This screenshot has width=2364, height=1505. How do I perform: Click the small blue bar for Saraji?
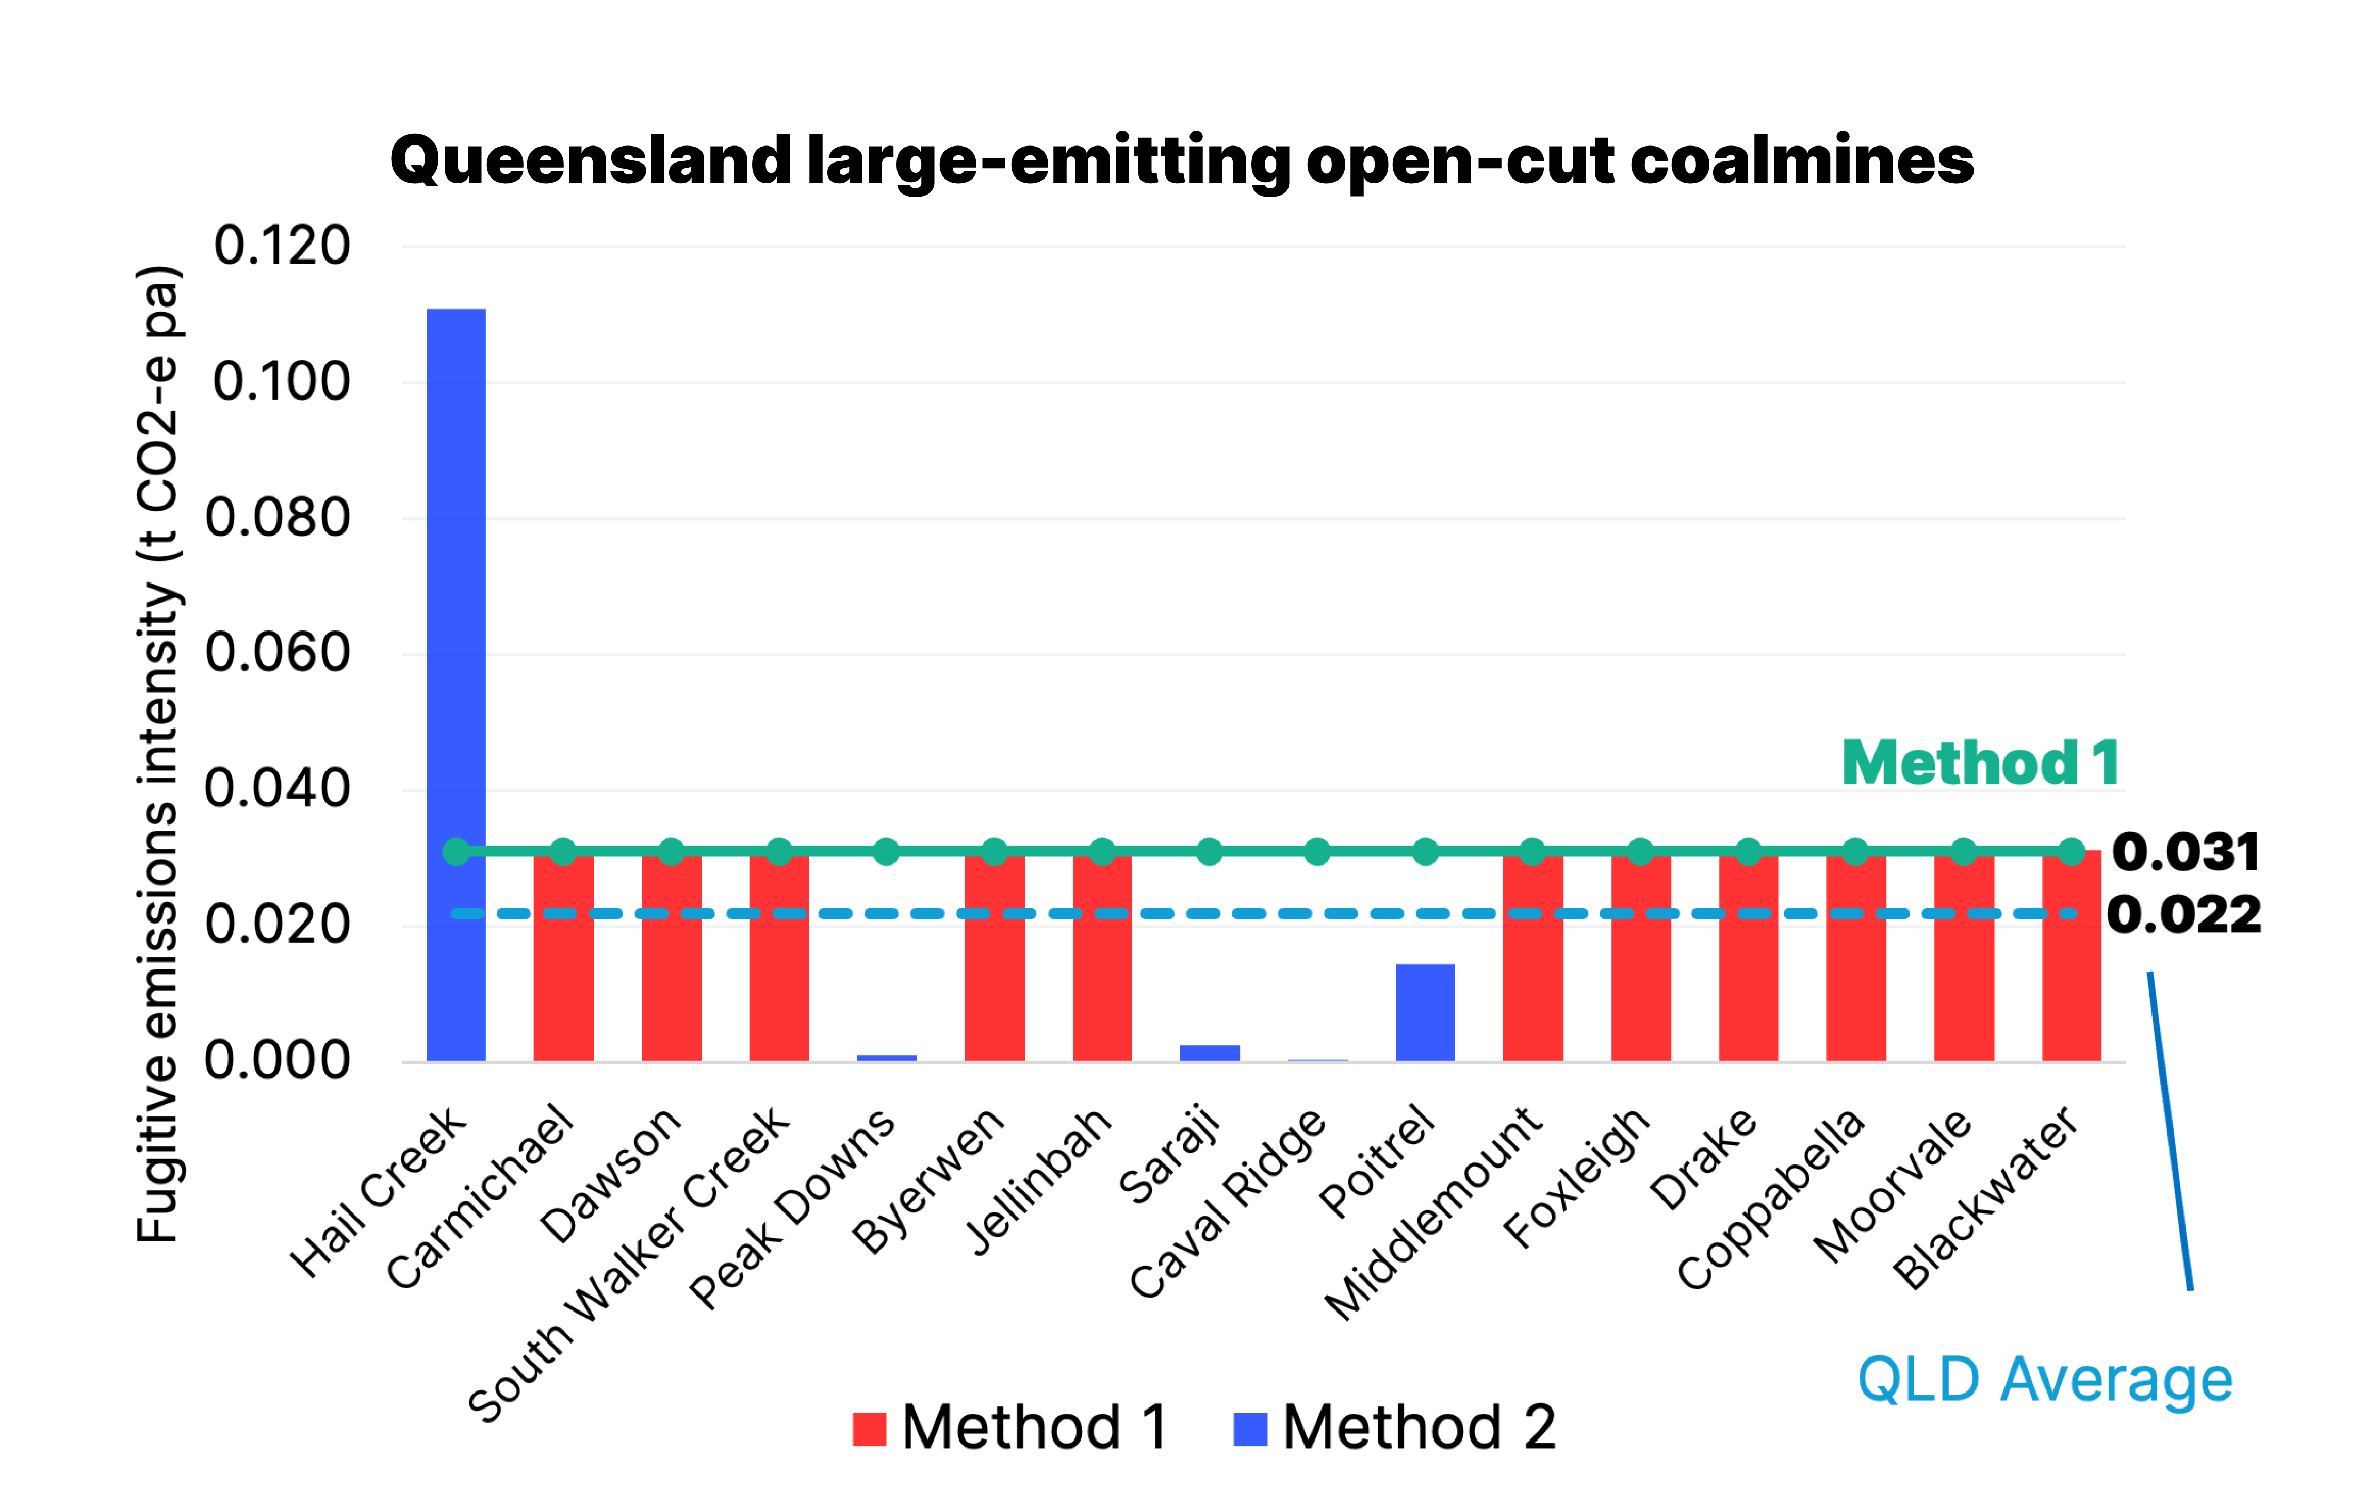click(x=1210, y=1053)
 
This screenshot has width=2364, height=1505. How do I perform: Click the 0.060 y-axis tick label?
click(x=278, y=653)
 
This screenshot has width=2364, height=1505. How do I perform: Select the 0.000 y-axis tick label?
click(x=278, y=1061)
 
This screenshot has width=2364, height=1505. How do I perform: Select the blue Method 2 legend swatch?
click(x=1250, y=1429)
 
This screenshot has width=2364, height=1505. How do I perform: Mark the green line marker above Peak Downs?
click(x=887, y=851)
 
